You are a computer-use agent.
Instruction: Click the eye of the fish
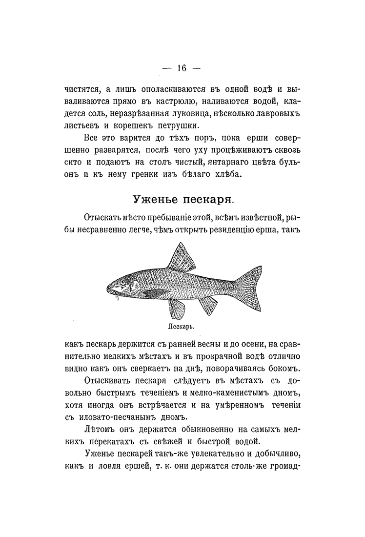pos(122,282)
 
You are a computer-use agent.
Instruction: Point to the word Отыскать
pos(103,216)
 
